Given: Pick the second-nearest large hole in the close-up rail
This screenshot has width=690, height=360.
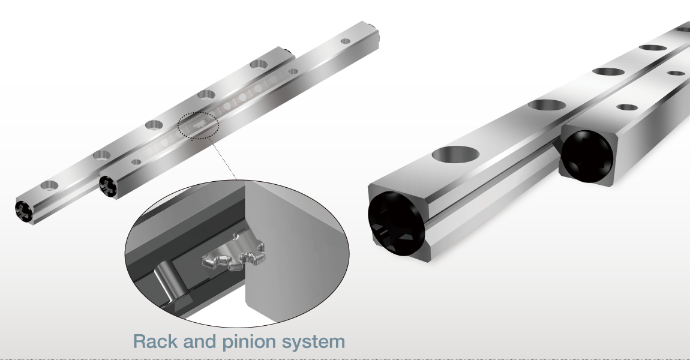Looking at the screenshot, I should [545, 104].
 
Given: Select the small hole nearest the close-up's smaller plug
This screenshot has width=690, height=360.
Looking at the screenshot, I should [627, 107].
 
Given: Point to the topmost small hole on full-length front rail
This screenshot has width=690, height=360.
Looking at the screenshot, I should [345, 41].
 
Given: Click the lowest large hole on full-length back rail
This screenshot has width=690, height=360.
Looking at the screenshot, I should [50, 185].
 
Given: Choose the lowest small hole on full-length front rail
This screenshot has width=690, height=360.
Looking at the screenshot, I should [137, 161].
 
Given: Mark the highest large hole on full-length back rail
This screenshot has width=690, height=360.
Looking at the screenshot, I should [259, 64].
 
